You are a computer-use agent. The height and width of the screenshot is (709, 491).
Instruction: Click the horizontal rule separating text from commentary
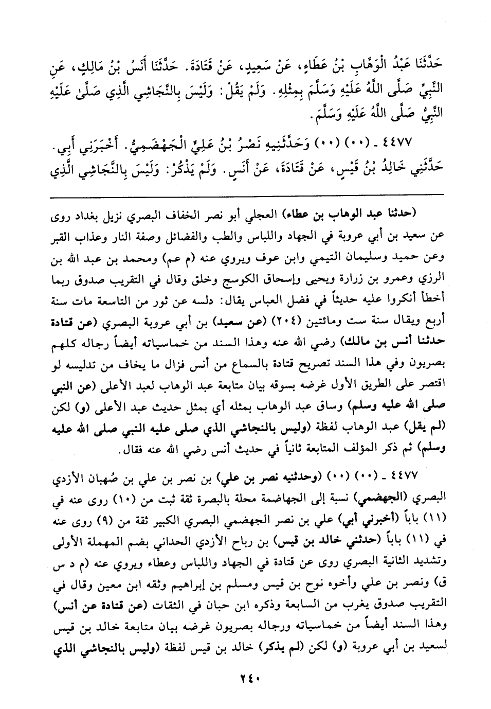(x=246, y=194)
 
